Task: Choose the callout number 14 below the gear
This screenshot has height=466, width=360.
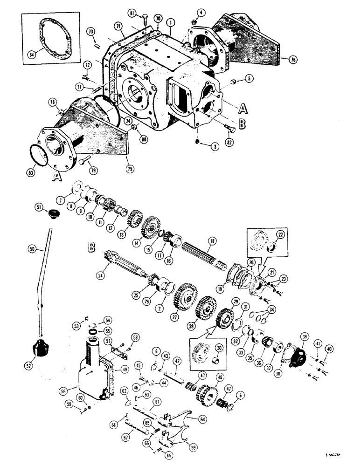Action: coord(150,242)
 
